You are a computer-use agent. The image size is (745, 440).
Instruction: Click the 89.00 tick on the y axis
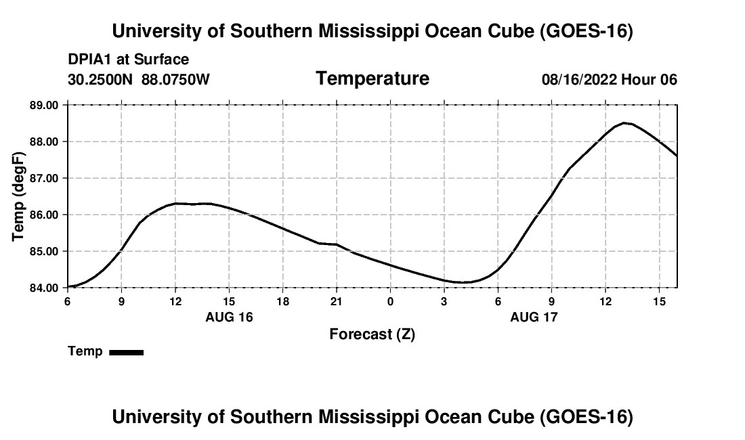[x=44, y=105]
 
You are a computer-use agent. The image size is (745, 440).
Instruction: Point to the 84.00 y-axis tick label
[x=44, y=288]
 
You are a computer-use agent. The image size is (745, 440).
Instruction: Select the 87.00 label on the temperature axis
[x=44, y=178]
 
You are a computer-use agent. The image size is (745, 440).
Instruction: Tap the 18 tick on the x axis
[x=282, y=302]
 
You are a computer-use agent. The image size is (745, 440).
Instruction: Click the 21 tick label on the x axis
[x=337, y=302]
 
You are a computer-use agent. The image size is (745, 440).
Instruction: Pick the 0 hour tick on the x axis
[x=390, y=302]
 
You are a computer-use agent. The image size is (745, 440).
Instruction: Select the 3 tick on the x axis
[x=444, y=302]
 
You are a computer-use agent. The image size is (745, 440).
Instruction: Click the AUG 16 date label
[x=229, y=317]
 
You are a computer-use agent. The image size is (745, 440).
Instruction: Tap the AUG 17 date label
[x=534, y=317]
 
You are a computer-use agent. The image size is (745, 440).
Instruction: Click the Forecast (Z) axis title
[x=372, y=334]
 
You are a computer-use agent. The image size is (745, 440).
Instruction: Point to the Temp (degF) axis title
[x=18, y=196]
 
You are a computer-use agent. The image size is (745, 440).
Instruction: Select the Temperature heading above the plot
[x=372, y=79]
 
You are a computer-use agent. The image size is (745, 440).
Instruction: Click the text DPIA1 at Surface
[x=128, y=60]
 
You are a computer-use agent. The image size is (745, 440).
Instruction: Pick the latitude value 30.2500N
[x=100, y=79]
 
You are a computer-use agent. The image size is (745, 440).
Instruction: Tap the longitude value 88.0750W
[x=175, y=79]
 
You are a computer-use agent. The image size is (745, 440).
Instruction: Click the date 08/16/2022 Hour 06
[x=610, y=79]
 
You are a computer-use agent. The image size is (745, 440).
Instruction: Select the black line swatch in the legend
[x=127, y=352]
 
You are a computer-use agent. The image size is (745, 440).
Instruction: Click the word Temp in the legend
[x=85, y=351]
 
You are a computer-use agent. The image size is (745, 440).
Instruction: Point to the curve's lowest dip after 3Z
[x=460, y=282]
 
